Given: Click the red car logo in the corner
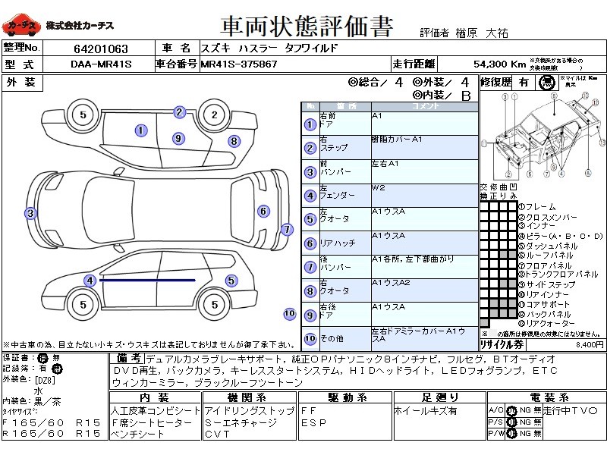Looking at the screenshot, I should [x=20, y=27].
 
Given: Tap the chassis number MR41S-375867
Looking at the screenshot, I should [x=238, y=64].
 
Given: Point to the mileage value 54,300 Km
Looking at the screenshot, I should [x=499, y=64].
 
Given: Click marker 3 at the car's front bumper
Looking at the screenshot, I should [x=30, y=213].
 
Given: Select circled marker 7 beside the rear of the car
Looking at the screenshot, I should [x=287, y=229].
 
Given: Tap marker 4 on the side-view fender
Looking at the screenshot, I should [x=90, y=281].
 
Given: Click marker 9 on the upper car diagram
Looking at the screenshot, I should [x=178, y=138].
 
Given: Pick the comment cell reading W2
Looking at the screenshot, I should [x=379, y=187].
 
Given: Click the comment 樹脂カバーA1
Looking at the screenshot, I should [x=397, y=140].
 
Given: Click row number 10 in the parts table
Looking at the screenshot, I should [x=309, y=338].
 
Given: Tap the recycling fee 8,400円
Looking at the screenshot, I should [x=590, y=344].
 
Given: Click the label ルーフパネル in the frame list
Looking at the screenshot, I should [x=547, y=256].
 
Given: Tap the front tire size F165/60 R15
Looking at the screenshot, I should [x=51, y=422].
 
